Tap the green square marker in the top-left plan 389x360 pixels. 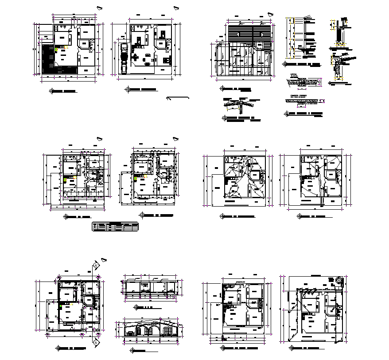point(56,51)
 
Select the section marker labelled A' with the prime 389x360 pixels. point(96,266)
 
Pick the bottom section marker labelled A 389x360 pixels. point(96,343)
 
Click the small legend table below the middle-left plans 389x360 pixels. point(115,227)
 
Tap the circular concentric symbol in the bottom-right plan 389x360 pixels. point(339,280)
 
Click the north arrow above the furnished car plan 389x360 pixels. point(176,8)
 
